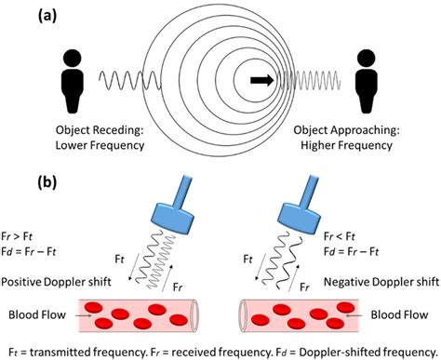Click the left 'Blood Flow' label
pos(33,314)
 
